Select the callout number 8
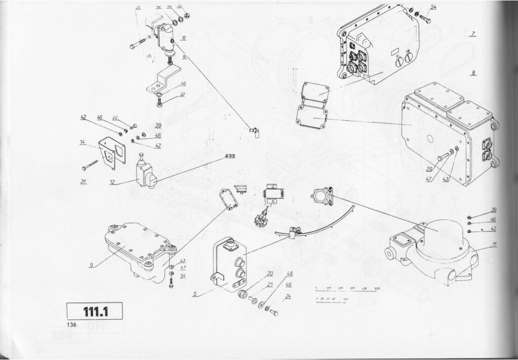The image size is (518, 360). pyautogui.click(x=473, y=73)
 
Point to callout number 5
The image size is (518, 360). pyautogui.click(x=195, y=293)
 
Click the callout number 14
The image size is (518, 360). pyautogui.click(x=82, y=143)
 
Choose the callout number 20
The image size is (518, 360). pyautogui.click(x=270, y=274)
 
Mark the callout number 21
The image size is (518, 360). pyautogui.click(x=270, y=285)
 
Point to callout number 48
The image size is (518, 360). pyautogui.click(x=290, y=274)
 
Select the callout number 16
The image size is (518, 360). pyautogui.click(x=185, y=58)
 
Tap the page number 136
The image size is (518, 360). pyautogui.click(x=71, y=325)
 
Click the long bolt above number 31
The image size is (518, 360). pyautogui.click(x=90, y=165)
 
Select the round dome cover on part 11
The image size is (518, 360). pyautogui.click(x=440, y=233)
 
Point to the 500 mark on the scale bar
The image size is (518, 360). pyautogui.click(x=377, y=289)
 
